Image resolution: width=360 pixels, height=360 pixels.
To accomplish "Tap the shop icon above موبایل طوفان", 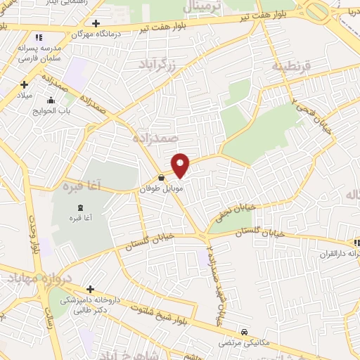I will point(162,178).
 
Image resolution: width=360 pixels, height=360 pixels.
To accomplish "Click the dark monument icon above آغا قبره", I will point(79,207).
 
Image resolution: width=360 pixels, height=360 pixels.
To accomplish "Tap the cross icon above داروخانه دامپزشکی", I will point(90,289).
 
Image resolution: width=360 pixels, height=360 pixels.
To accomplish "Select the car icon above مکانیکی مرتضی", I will point(244,332).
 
